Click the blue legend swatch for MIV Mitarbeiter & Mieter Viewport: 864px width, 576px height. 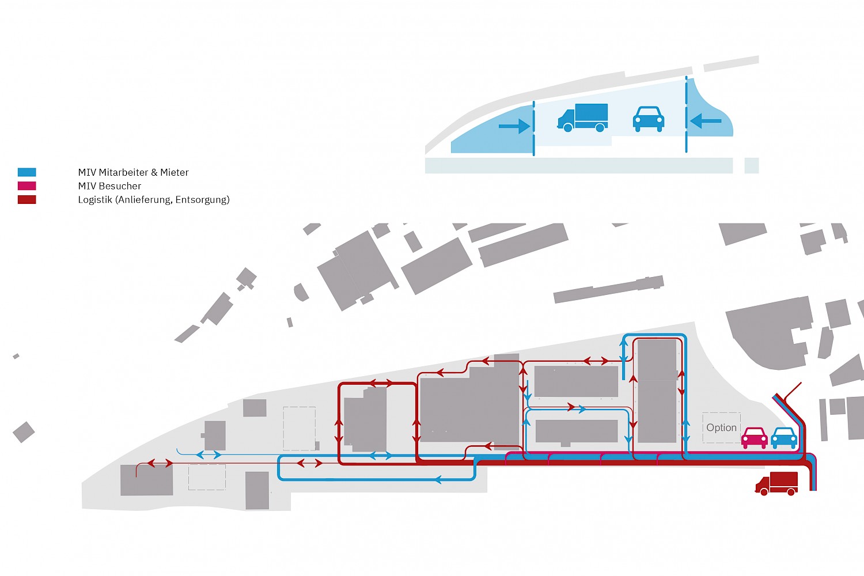pos(27,172)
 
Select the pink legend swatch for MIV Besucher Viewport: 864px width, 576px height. pos(27,186)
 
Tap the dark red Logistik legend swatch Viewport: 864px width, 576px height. pos(27,199)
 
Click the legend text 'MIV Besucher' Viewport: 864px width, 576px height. pos(109,186)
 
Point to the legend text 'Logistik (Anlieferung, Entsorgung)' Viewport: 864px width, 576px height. pos(154,200)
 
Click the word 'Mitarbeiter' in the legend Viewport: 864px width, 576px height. pos(123,172)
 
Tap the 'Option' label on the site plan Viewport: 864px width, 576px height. pos(721,427)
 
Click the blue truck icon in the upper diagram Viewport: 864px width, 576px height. pos(583,118)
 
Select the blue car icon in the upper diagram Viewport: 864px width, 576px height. pos(649,119)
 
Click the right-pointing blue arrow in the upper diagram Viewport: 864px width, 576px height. pos(514,126)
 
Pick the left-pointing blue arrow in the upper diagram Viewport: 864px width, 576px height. pos(706,121)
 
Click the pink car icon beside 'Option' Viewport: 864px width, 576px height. pos(755,438)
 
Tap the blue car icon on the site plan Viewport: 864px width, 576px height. pos(784,438)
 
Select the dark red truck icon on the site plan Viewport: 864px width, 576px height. pos(776,483)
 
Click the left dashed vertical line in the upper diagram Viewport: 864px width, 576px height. pos(534,128)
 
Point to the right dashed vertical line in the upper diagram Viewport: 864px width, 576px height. pos(686,115)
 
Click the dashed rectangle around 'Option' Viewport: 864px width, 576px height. pos(721,413)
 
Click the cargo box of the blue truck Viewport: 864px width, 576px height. pos(592,115)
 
